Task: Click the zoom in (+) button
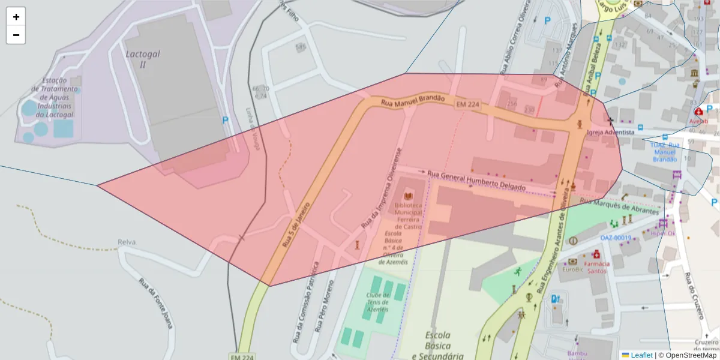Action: (16, 17)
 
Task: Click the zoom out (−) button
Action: (16, 35)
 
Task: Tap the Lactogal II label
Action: (143, 59)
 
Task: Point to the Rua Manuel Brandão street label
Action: (413, 100)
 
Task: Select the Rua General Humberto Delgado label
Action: (485, 181)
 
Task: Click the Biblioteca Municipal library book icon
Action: (409, 196)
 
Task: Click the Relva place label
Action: (127, 242)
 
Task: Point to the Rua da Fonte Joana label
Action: (155, 303)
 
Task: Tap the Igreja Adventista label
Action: (610, 132)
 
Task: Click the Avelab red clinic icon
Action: (698, 111)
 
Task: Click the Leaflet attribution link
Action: (641, 355)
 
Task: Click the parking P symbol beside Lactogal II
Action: (226, 120)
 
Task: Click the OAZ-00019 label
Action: (616, 238)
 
